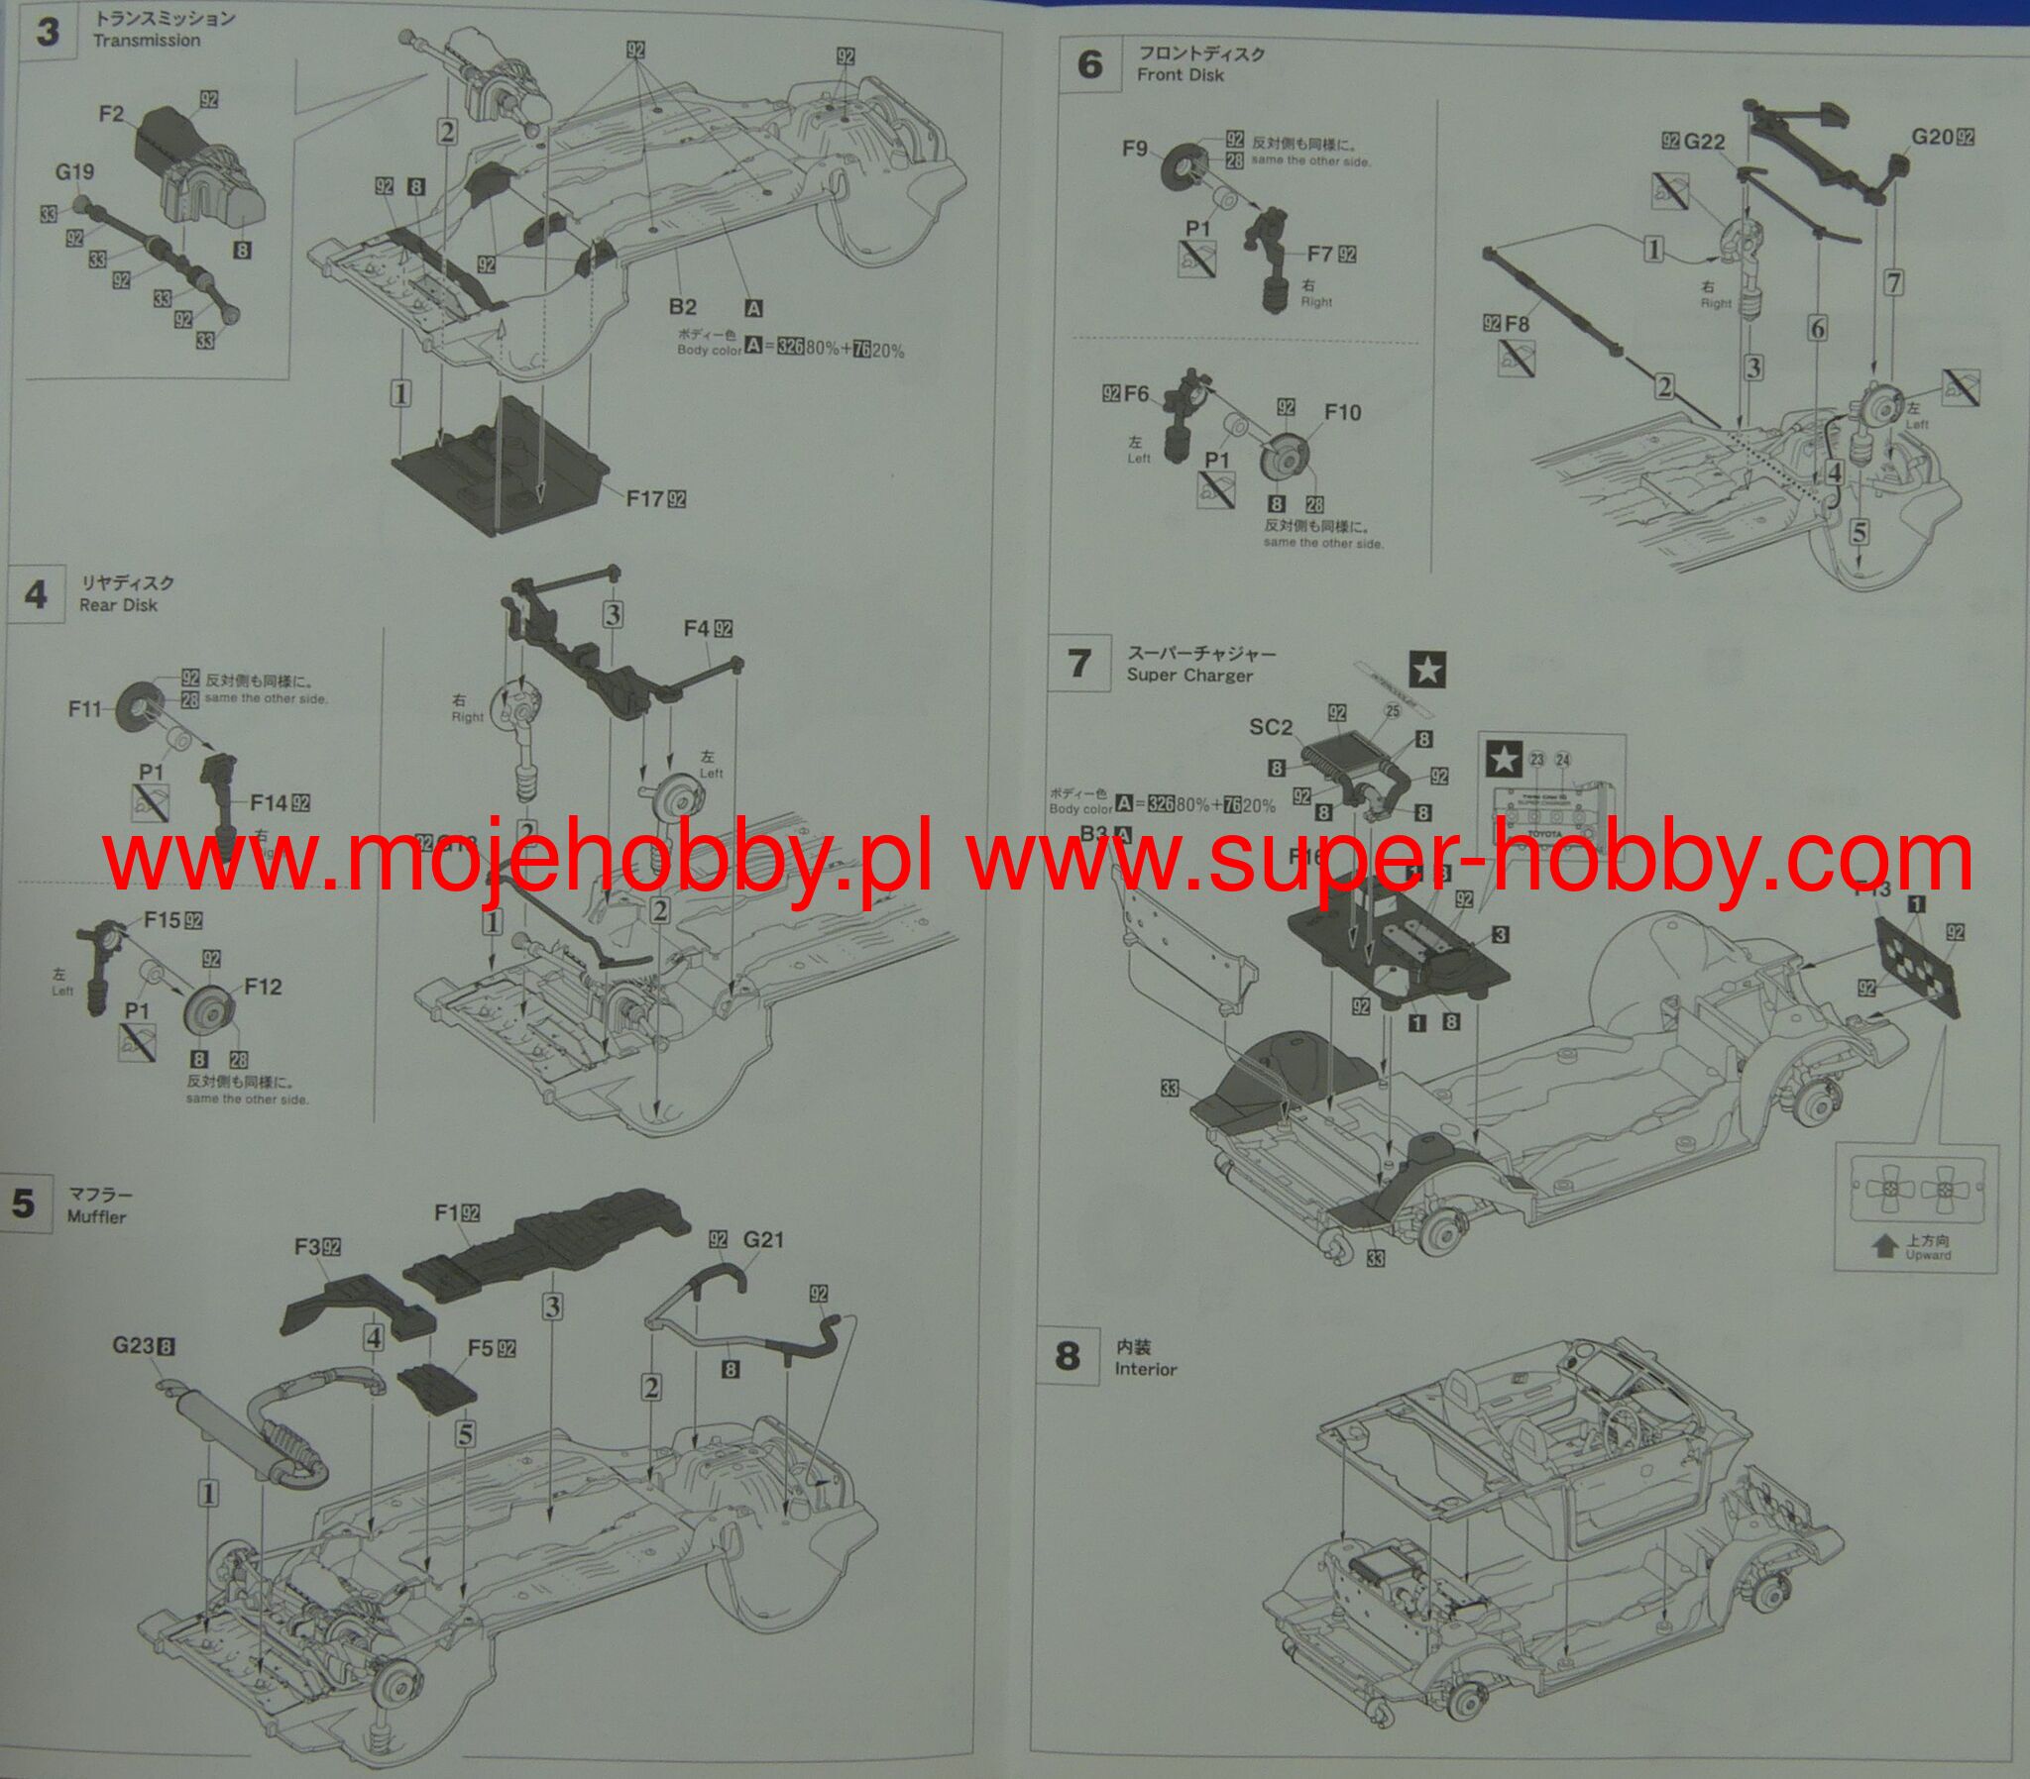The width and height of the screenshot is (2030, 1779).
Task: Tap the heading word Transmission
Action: click(x=146, y=41)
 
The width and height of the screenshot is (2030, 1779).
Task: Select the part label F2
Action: click(x=111, y=114)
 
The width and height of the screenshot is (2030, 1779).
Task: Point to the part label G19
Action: click(x=74, y=171)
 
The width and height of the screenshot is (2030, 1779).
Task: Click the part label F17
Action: click(x=644, y=498)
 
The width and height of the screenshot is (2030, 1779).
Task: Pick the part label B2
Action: click(x=682, y=308)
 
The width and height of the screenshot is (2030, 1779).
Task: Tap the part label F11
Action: click(x=85, y=709)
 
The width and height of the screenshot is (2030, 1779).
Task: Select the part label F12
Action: click(x=264, y=987)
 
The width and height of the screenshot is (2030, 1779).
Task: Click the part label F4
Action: click(x=696, y=628)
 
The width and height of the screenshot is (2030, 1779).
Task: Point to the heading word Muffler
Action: click(x=96, y=1216)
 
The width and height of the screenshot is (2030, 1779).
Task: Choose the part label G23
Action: click(x=133, y=1346)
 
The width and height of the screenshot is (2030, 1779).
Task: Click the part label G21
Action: click(x=764, y=1239)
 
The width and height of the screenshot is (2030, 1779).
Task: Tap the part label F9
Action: click(x=1135, y=149)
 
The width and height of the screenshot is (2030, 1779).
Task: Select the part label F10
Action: click(x=1342, y=412)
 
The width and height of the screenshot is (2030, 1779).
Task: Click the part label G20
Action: click(x=1933, y=137)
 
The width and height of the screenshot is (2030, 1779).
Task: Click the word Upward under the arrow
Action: click(x=1928, y=1255)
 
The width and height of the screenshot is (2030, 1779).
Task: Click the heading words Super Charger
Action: click(x=1188, y=676)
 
